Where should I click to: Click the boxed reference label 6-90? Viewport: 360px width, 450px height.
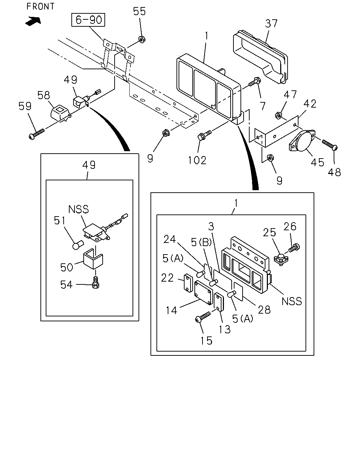(x=88, y=20)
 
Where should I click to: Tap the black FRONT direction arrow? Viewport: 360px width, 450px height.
(x=33, y=21)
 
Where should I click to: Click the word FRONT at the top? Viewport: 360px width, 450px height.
(x=40, y=6)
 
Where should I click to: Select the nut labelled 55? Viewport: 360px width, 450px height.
(x=142, y=39)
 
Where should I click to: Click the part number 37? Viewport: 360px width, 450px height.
(x=271, y=24)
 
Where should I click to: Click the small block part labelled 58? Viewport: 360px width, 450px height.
(x=60, y=113)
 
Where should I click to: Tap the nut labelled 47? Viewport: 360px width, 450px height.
(x=278, y=115)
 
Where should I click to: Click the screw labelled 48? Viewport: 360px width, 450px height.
(x=329, y=145)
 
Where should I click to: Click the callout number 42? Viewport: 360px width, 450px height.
(x=310, y=103)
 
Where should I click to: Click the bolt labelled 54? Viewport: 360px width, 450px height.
(x=95, y=283)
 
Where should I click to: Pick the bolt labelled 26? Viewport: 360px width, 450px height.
(x=294, y=247)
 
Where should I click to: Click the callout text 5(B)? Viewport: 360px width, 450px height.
(x=201, y=242)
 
